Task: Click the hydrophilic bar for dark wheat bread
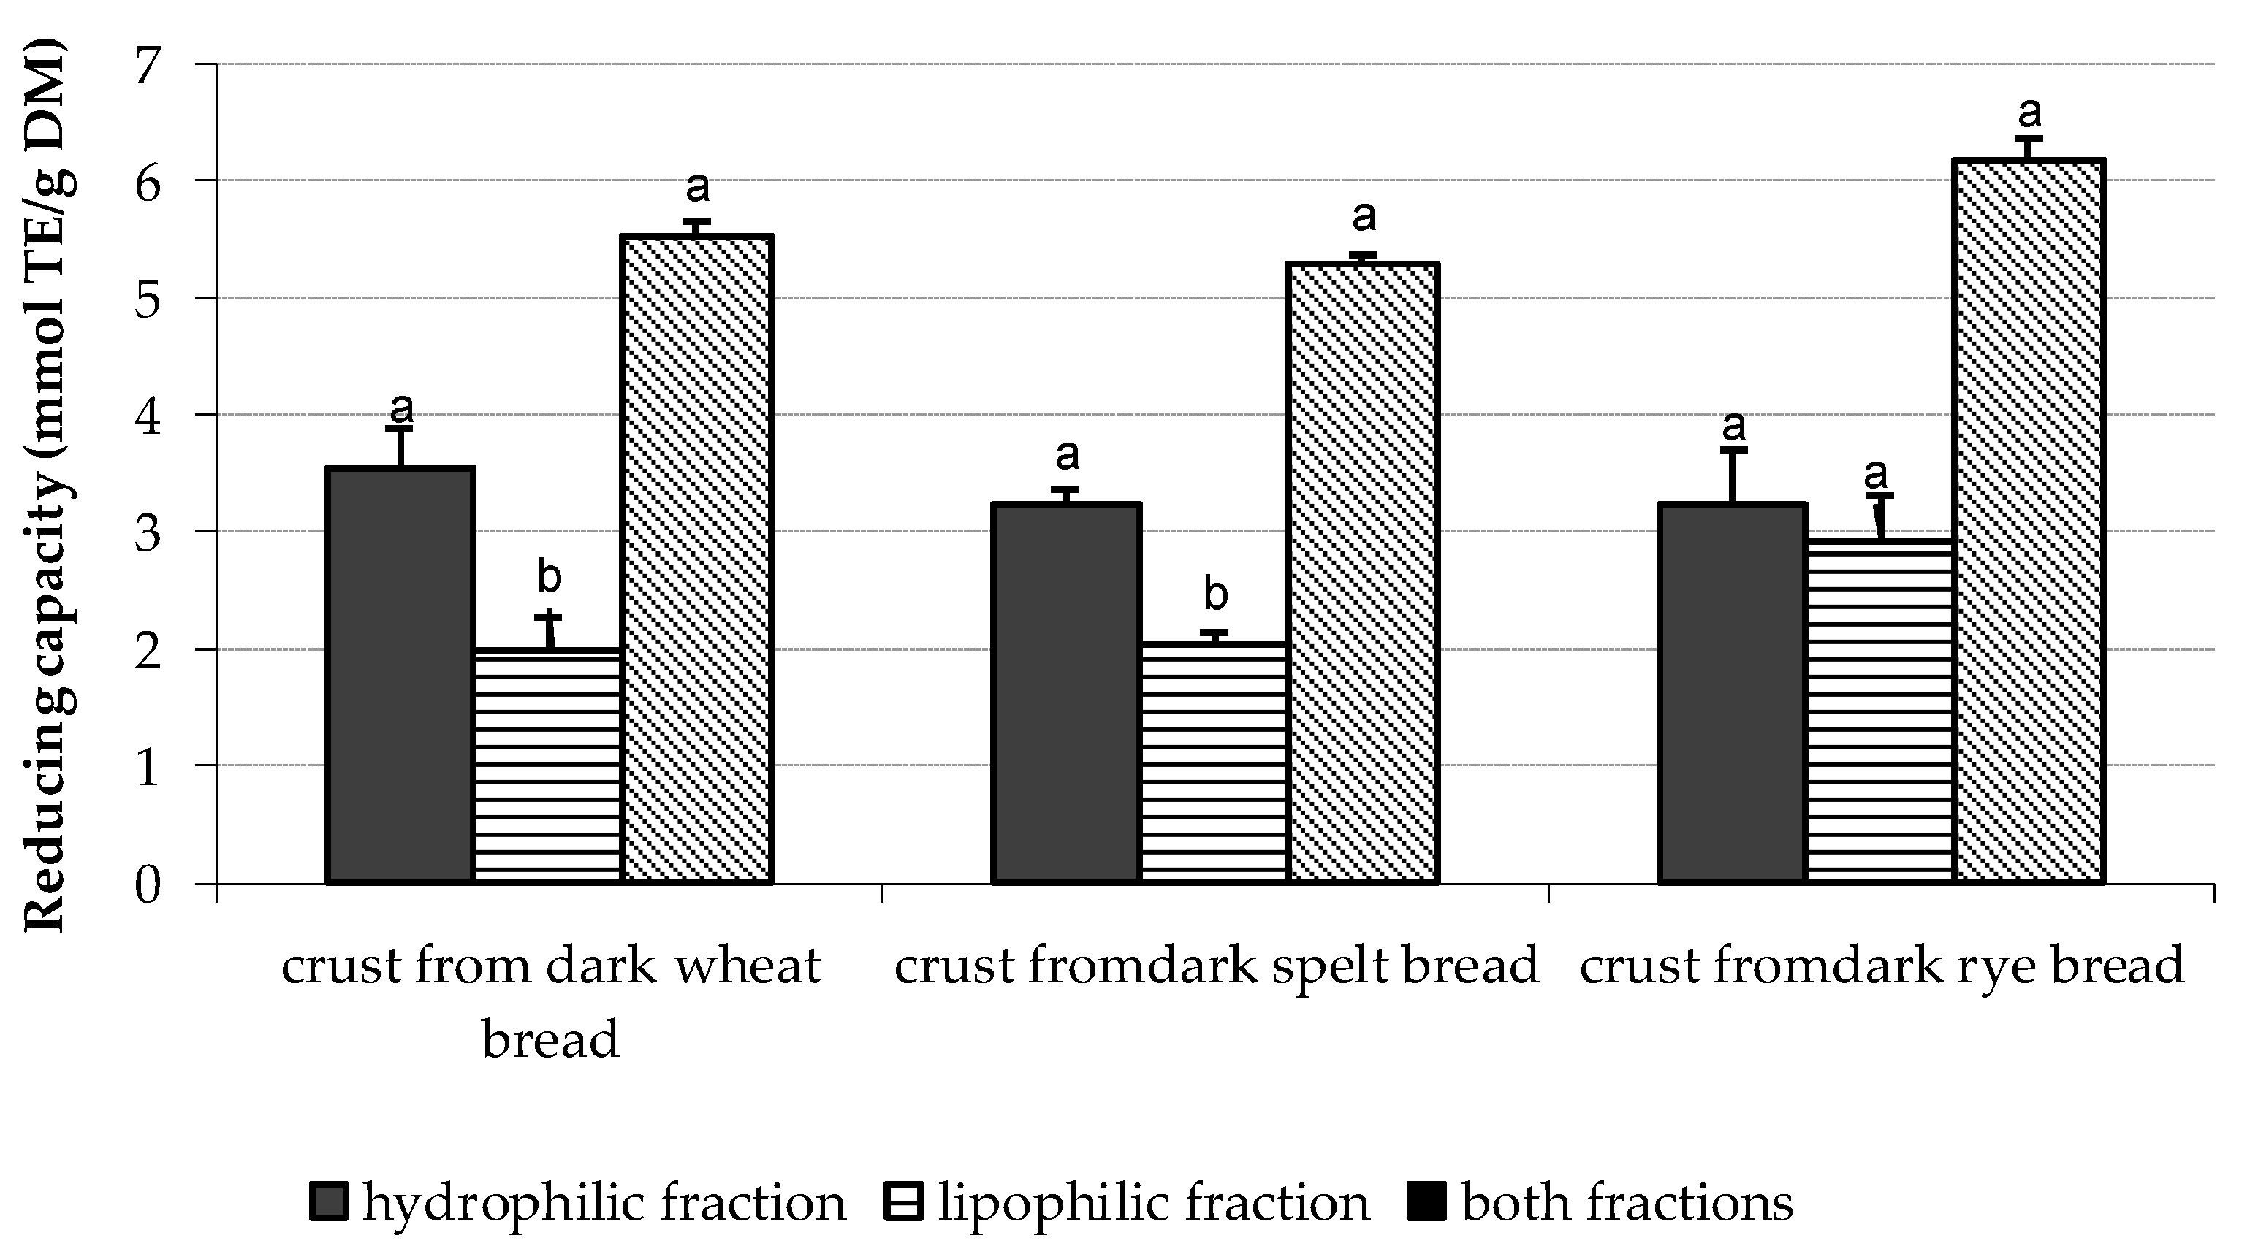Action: pos(400,675)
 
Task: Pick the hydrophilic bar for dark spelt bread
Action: pos(1066,692)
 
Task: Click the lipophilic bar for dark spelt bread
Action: pos(1214,762)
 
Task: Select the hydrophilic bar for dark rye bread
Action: pos(1732,692)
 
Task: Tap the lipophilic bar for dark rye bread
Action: pos(1880,710)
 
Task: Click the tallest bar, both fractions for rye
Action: pos(2029,521)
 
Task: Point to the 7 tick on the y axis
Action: pos(153,66)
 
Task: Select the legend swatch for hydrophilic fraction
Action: pos(330,1202)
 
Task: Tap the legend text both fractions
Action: pos(1627,1202)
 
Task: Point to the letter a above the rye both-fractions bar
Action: pos(2030,112)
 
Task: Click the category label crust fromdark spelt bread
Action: pos(1217,966)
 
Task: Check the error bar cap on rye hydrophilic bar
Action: pos(1733,449)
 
